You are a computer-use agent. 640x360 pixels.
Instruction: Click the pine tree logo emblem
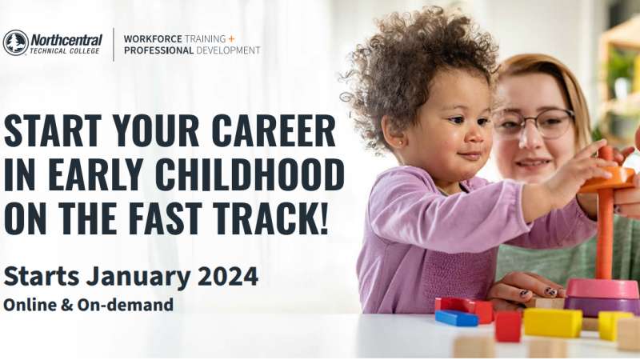click(15, 43)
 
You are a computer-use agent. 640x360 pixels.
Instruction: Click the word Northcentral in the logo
click(66, 41)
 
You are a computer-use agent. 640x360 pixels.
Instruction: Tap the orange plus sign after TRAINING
click(231, 38)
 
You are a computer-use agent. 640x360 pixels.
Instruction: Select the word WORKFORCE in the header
click(153, 38)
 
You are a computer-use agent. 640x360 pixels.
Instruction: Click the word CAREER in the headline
click(274, 131)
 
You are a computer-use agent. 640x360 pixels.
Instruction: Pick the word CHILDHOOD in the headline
click(250, 174)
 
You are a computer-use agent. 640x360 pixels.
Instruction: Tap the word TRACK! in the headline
click(270, 218)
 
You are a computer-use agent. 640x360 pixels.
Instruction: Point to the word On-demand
click(126, 305)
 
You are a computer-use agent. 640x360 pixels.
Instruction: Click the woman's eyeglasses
click(534, 122)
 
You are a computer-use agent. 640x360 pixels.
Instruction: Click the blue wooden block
click(456, 318)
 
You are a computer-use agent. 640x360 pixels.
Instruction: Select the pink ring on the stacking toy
click(602, 289)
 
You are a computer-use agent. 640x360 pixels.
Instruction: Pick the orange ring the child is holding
click(608, 179)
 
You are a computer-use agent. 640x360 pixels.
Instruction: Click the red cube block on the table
click(508, 326)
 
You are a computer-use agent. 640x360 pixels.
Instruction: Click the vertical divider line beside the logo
click(113, 45)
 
